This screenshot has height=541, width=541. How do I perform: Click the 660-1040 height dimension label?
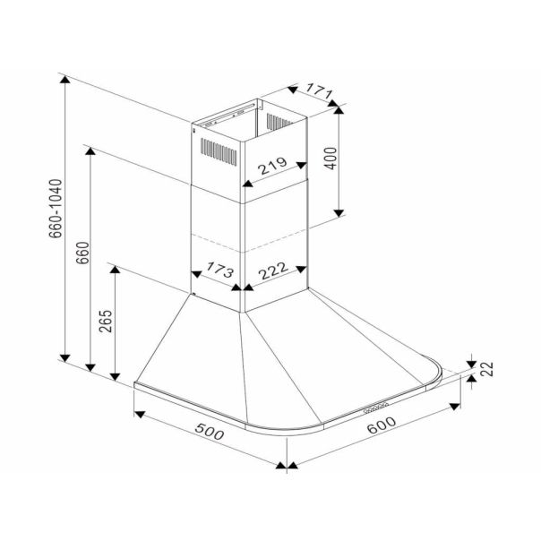pyautogui.click(x=56, y=209)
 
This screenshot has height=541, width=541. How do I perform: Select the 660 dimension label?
pyautogui.click(x=82, y=253)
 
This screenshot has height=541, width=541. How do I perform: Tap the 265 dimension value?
pyautogui.click(x=106, y=321)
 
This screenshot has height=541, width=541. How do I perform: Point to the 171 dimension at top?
pyautogui.click(x=319, y=90)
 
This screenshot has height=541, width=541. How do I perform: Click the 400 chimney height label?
pyautogui.click(x=331, y=158)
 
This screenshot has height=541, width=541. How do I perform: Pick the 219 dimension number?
pyautogui.click(x=272, y=166)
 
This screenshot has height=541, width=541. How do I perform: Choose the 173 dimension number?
pyautogui.click(x=220, y=270)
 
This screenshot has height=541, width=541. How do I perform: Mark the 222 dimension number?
pyautogui.click(x=273, y=270)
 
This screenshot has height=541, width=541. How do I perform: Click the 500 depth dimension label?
pyautogui.click(x=210, y=432)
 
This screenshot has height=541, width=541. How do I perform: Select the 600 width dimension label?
pyautogui.click(x=382, y=425)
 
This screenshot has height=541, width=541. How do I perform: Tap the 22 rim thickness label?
pyautogui.click(x=487, y=368)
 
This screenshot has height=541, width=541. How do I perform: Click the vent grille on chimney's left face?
pyautogui.click(x=219, y=151)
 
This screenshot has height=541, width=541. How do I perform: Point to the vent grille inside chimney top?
pyautogui.click(x=279, y=122)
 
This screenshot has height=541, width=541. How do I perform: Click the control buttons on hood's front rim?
pyautogui.click(x=376, y=408)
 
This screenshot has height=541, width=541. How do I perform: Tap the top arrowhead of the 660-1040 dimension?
pyautogui.click(x=64, y=79)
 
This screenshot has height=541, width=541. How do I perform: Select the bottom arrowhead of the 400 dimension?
pyautogui.click(x=339, y=213)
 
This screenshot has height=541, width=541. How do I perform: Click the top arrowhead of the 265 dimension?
pyautogui.click(x=115, y=269)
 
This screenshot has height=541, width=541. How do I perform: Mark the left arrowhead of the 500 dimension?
pyautogui.click(x=139, y=415)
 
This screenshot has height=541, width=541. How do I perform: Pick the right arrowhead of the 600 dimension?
pyautogui.click(x=455, y=407)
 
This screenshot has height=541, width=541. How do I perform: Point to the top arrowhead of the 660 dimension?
pyautogui.click(x=90, y=151)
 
